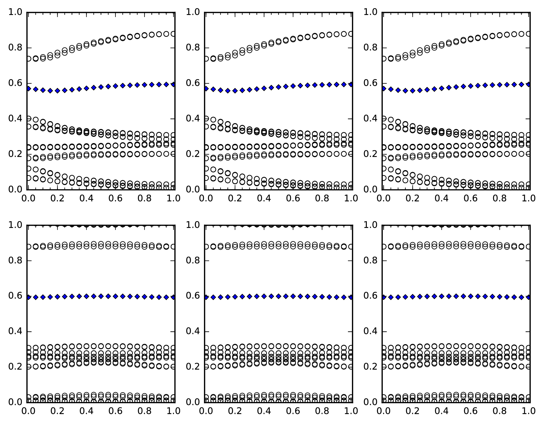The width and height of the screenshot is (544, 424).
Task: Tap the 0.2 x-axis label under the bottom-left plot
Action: pyautogui.click(x=57, y=411)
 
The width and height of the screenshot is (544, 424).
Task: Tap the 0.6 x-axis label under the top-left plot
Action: pyautogui.click(x=116, y=198)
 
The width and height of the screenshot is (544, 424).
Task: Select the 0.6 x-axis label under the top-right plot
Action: pyautogui.click(x=471, y=198)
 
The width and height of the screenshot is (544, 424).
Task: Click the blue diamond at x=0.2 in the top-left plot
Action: pyautogui.click(x=57, y=90)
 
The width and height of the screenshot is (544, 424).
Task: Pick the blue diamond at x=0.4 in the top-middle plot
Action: pyautogui.click(x=264, y=88)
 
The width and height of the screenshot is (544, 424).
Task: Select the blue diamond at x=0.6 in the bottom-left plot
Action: pyautogui.click(x=116, y=296)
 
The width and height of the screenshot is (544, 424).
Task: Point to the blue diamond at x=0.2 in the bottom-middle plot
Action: pyautogui.click(x=235, y=297)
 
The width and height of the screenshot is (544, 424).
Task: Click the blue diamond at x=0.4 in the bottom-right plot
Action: pyautogui.click(x=441, y=296)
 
